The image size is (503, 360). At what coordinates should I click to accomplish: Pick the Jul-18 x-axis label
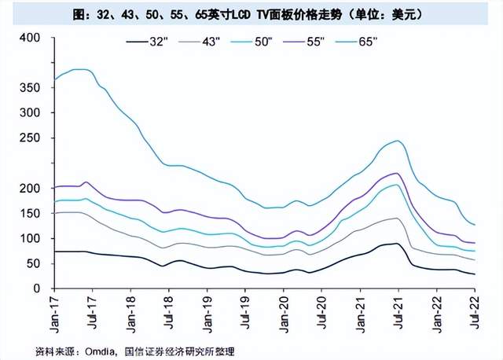click(167, 313)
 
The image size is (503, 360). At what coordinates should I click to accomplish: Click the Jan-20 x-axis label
click(280, 313)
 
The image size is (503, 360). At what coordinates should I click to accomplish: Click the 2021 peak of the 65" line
click(398, 141)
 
